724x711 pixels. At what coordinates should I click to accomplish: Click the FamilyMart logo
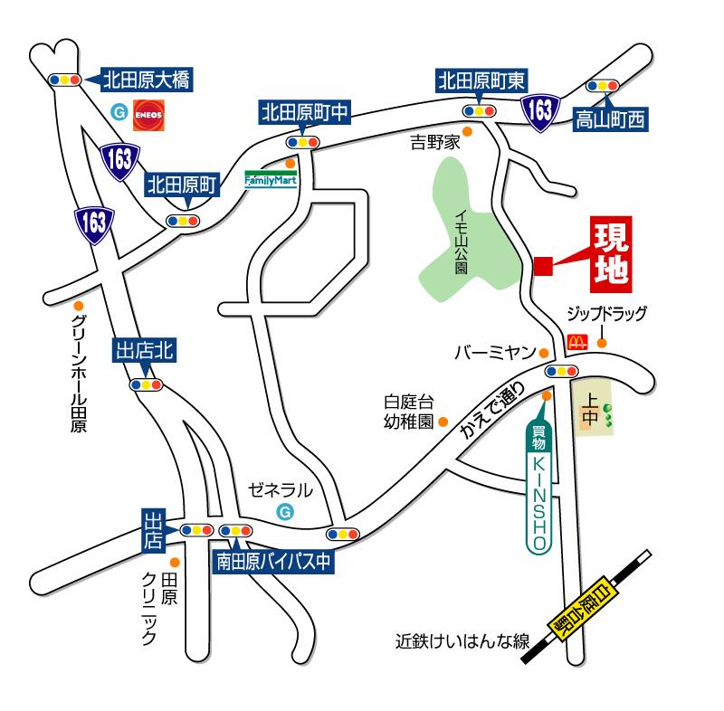[x=271, y=179]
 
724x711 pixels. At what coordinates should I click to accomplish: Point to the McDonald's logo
[x=576, y=342]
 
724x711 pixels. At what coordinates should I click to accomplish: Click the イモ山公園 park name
[x=461, y=239]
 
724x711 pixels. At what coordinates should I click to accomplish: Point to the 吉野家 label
[x=436, y=142]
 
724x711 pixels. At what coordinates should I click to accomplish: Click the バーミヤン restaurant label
[x=495, y=352]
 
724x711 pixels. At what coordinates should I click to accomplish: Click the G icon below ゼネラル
[x=285, y=512]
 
